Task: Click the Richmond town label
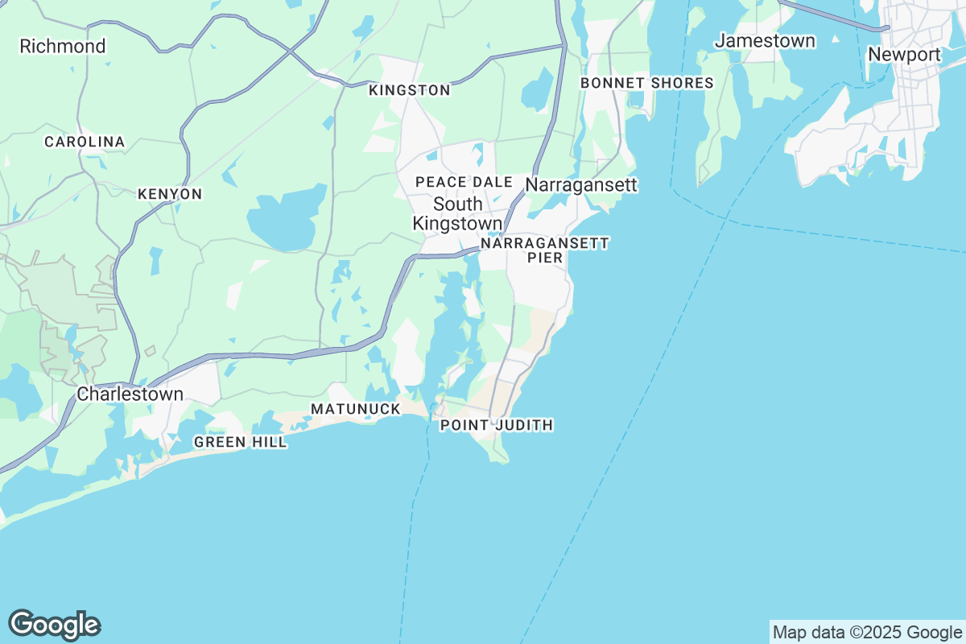63,47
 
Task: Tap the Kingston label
409,90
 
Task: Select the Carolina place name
85,142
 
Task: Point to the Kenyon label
170,194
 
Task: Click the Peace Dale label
464,182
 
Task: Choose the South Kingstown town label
457,213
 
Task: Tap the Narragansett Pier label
544,249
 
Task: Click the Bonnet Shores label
647,83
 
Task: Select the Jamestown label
766,40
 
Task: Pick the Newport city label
904,55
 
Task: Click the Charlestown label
130,394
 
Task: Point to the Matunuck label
356,409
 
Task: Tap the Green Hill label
240,442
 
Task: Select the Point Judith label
497,425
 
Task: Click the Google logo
54,625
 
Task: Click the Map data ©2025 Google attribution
867,632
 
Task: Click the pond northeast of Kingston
536,95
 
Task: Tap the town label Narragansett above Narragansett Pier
581,185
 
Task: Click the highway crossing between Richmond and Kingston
291,49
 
